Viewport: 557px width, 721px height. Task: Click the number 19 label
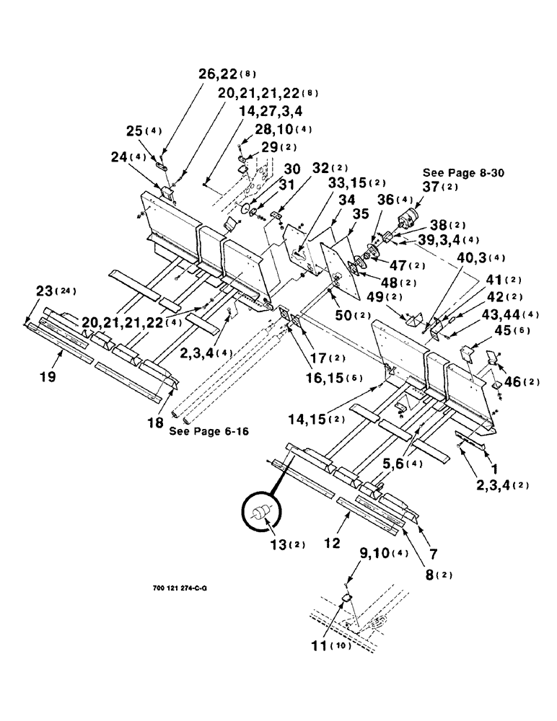[x=50, y=356]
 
